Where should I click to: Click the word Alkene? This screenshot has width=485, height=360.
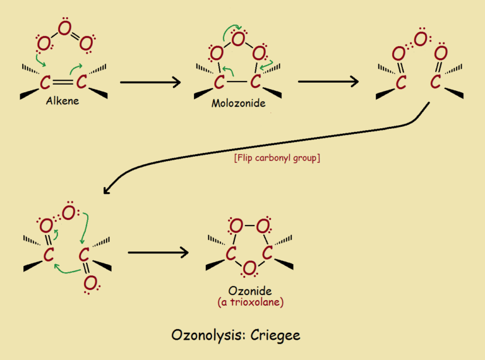(x=62, y=99)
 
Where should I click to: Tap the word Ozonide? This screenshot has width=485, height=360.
(x=250, y=291)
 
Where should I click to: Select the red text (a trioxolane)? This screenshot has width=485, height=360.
(x=250, y=303)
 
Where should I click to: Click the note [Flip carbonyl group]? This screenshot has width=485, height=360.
(x=276, y=158)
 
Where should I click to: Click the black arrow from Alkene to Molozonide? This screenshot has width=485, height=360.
(x=150, y=82)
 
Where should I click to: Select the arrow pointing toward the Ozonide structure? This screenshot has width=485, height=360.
(x=158, y=253)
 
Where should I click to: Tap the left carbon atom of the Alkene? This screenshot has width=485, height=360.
(x=44, y=82)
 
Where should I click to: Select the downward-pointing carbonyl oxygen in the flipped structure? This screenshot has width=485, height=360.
(x=90, y=284)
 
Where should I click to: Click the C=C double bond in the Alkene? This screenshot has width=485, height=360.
(x=63, y=82)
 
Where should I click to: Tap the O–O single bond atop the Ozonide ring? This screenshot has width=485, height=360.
(x=250, y=225)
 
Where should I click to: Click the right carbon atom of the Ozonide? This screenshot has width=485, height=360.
(x=268, y=253)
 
